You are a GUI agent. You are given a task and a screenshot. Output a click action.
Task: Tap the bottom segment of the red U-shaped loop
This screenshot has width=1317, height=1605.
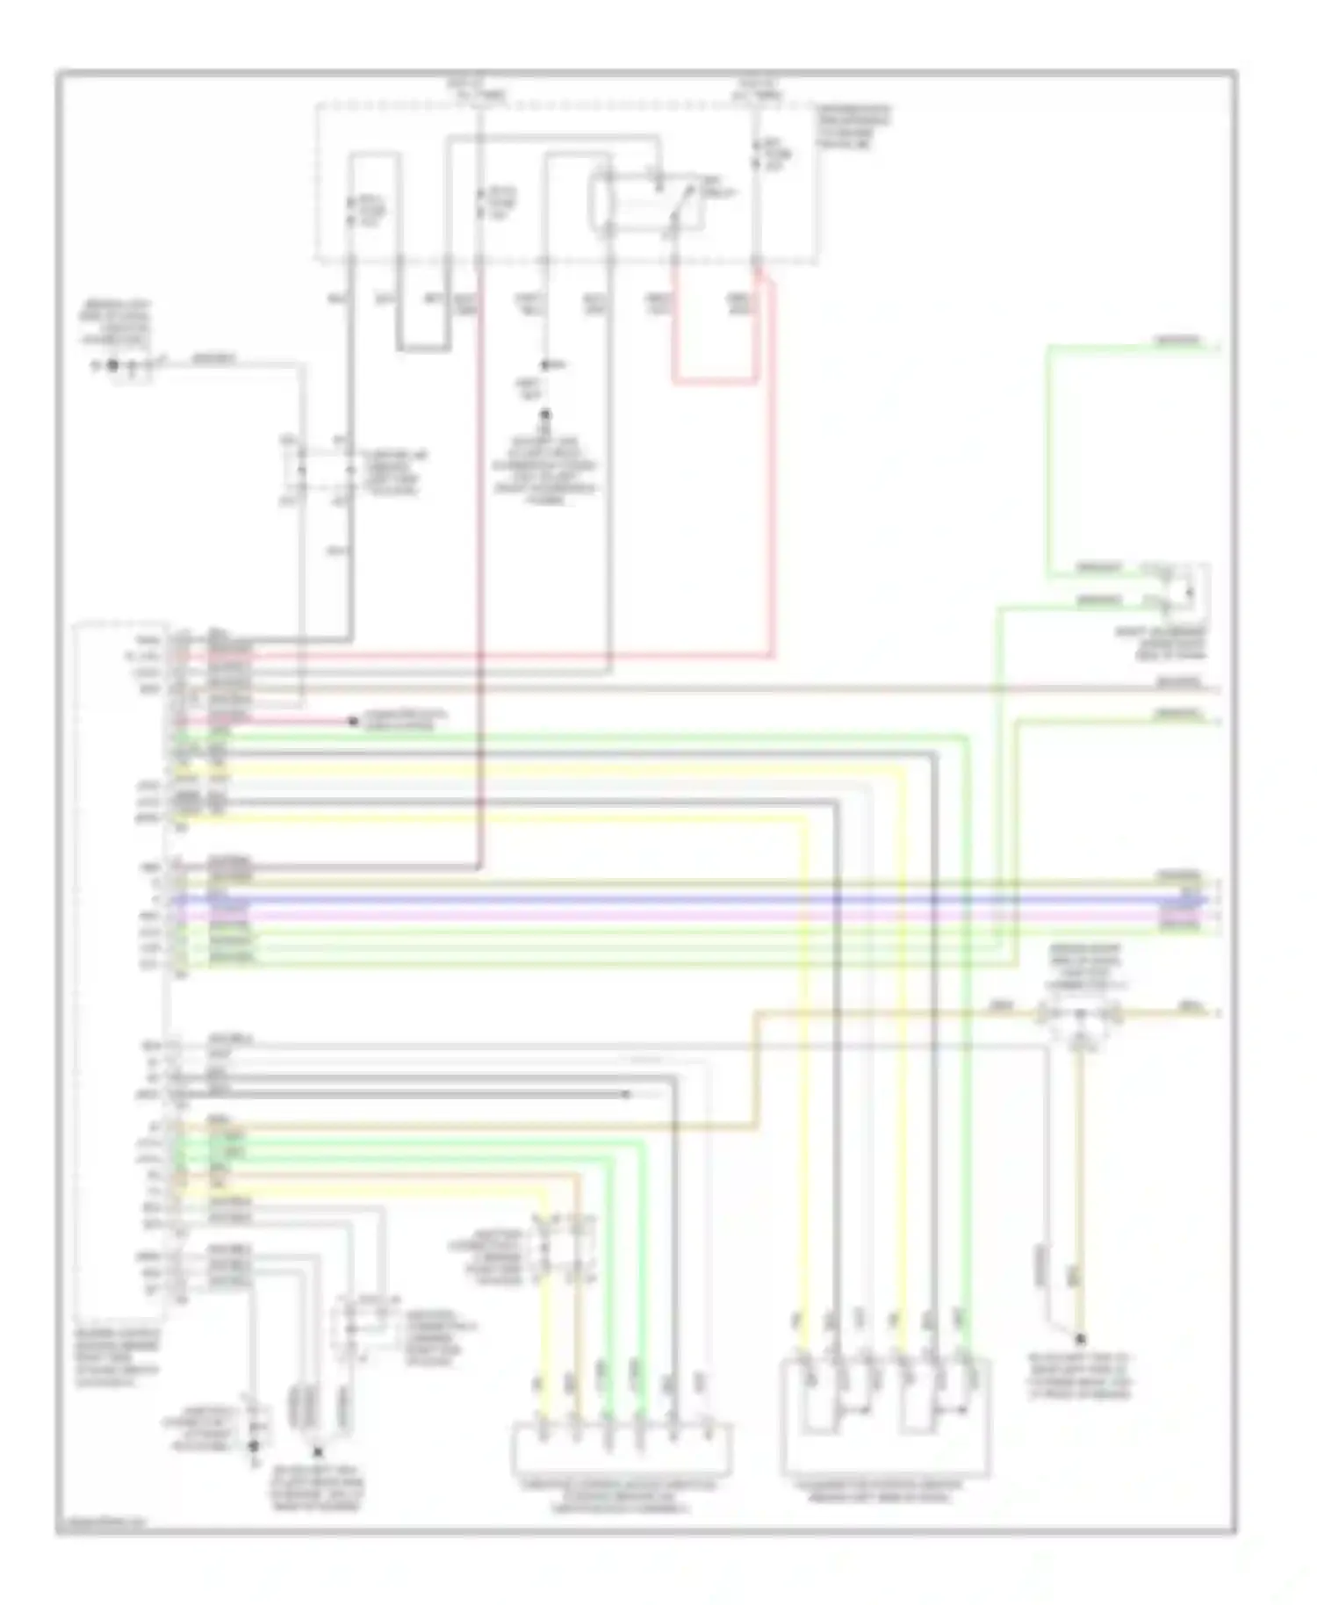coord(716,383)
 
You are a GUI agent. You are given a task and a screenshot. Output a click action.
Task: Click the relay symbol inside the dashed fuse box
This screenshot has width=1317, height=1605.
coord(645,204)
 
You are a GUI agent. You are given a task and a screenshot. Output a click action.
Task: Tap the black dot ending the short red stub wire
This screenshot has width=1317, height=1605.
coord(354,722)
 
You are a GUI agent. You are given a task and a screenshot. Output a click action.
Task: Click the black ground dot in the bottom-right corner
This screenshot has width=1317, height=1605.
coord(1081,1340)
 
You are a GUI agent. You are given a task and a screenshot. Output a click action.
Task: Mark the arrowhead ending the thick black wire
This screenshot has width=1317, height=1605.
coord(626,1094)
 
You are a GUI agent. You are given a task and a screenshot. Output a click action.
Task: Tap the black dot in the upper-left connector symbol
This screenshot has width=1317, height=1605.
coord(112,365)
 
